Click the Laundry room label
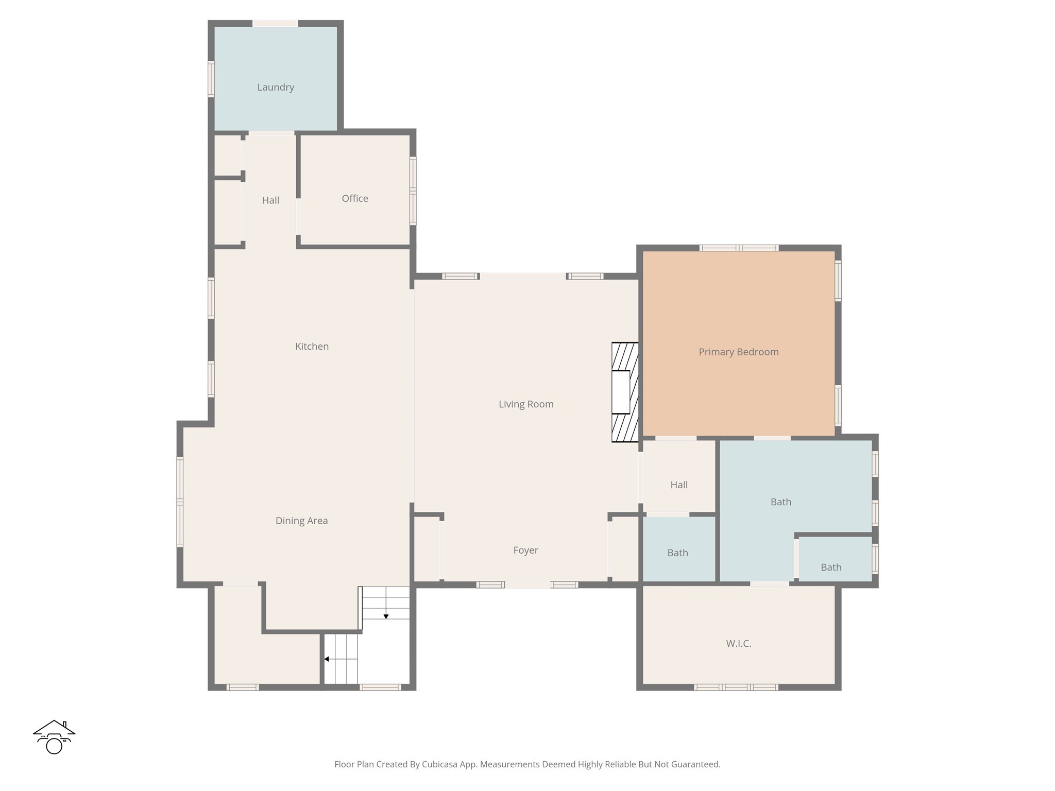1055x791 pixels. [276, 88]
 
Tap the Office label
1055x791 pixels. [355, 199]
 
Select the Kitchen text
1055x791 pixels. [312, 347]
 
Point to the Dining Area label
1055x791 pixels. [301, 521]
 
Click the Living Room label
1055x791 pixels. [526, 404]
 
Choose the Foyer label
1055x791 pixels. [525, 551]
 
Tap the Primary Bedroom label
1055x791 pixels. [738, 352]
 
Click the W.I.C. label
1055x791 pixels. [738, 644]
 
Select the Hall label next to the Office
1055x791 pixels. [270, 201]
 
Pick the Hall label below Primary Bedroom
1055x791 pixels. [679, 485]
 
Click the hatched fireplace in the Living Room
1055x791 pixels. [624, 392]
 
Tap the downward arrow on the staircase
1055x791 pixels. [386, 616]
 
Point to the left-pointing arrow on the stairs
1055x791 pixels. [327, 659]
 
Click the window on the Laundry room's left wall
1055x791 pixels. [211, 79]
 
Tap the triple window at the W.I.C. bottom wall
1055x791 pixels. [736, 687]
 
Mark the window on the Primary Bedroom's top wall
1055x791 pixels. [738, 248]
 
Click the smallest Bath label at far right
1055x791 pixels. [830, 568]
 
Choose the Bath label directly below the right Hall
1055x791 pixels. [677, 553]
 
